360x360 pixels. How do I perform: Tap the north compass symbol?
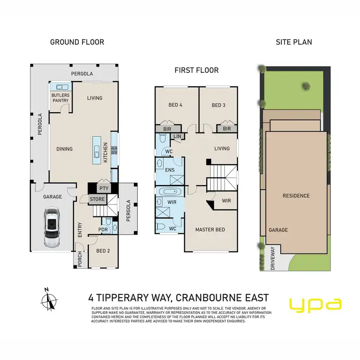point(48,300)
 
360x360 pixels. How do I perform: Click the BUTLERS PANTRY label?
point(61,98)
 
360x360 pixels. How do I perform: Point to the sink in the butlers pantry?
point(61,87)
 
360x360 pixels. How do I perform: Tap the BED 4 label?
point(176,105)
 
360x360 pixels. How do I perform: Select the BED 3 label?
point(218,105)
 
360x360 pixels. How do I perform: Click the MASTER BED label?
point(210,229)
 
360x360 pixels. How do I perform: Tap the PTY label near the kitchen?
point(103,188)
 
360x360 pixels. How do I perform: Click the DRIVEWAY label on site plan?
point(273,257)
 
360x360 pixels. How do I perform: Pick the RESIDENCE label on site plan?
point(296,196)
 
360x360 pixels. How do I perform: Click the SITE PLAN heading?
point(294,42)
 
